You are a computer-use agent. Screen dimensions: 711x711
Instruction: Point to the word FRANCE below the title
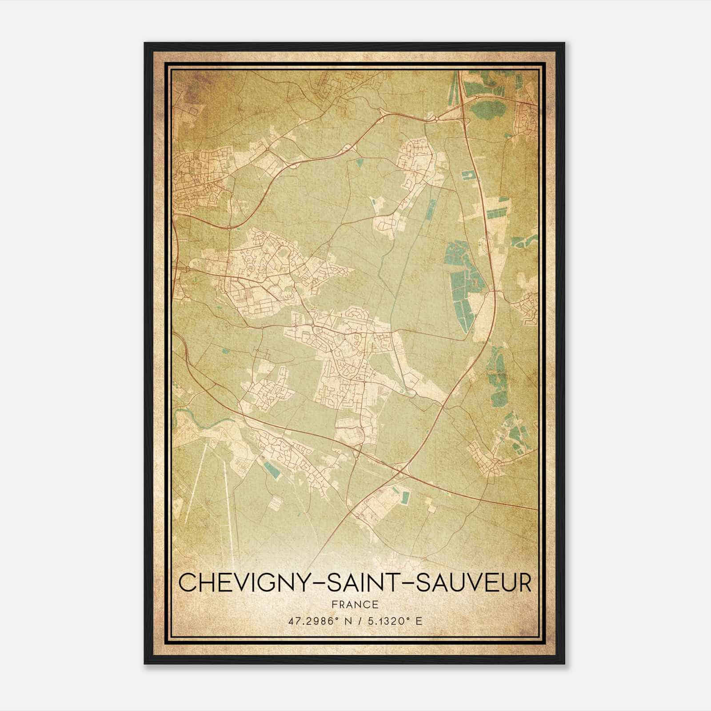pos(355,604)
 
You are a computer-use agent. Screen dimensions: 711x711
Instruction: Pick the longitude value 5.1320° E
pos(393,621)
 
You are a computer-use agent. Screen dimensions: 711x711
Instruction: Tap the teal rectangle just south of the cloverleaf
pos(405,497)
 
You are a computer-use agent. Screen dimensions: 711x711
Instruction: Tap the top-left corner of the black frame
pos(145,43)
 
